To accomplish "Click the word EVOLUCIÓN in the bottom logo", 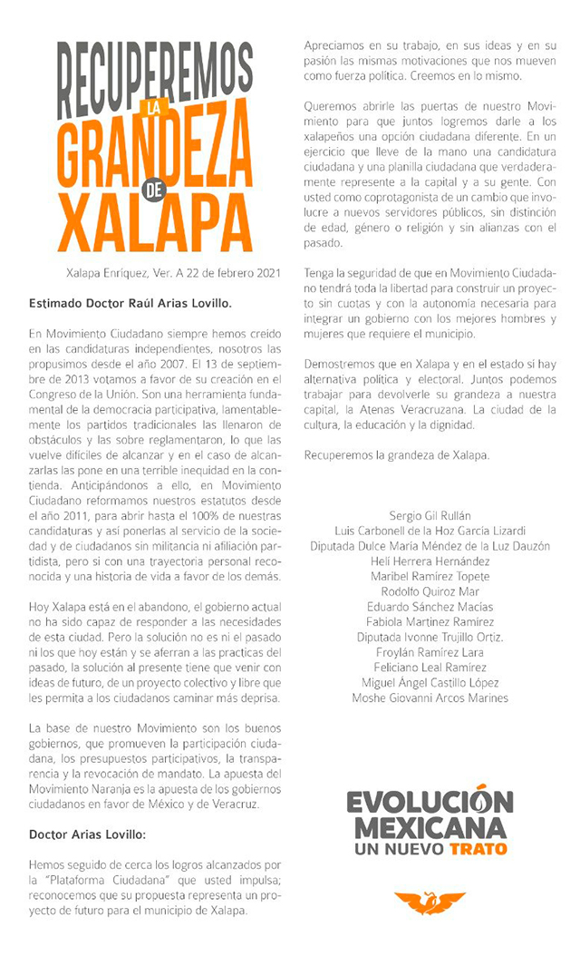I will (x=430, y=803).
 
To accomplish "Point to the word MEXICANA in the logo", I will (x=430, y=827).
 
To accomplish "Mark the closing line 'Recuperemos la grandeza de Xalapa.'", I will (x=397, y=454).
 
